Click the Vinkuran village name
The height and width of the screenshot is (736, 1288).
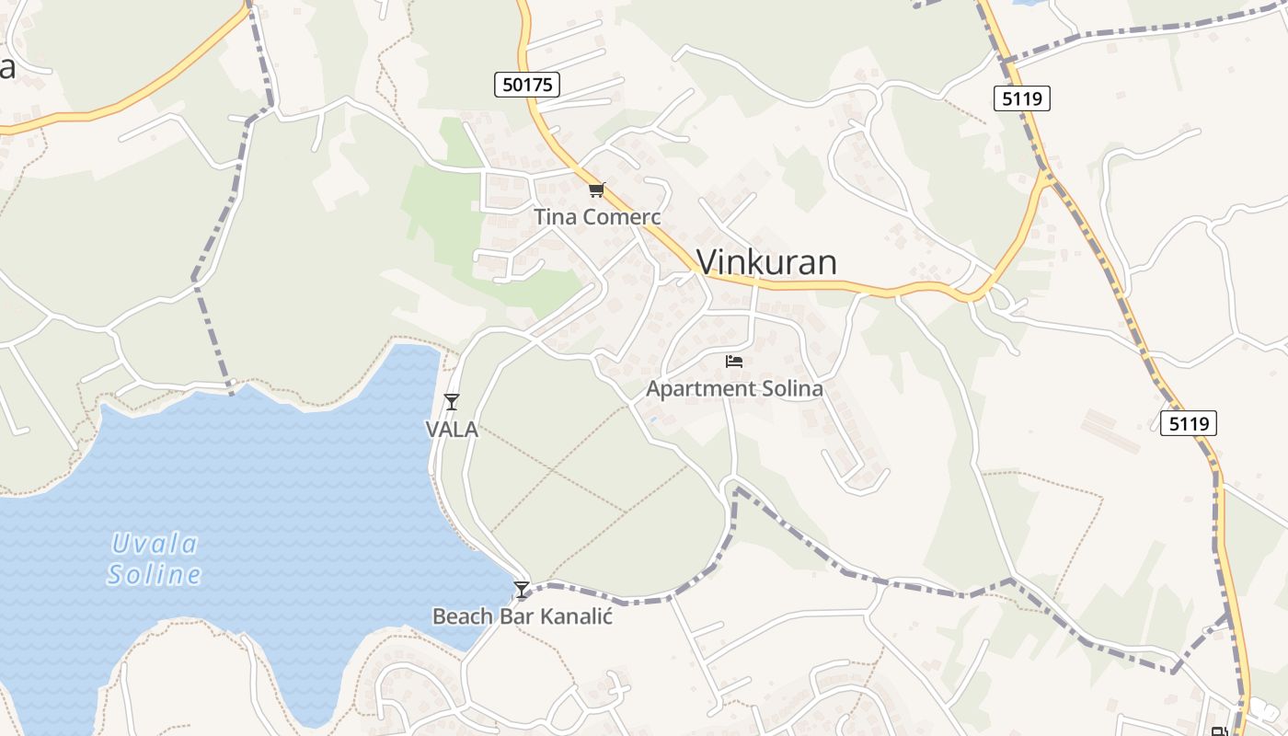[x=766, y=262]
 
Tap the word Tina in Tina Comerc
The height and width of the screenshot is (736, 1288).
[x=555, y=217]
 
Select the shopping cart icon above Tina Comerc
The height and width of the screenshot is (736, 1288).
[x=597, y=190]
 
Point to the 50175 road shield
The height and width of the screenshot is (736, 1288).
[x=527, y=86]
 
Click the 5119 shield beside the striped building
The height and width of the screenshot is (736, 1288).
[x=1188, y=423]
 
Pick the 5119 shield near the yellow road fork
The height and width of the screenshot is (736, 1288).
[x=1022, y=98]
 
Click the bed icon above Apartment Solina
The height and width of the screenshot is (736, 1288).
[x=733, y=362]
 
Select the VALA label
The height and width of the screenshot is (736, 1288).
[x=451, y=429]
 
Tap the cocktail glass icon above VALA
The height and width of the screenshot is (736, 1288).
[x=451, y=402]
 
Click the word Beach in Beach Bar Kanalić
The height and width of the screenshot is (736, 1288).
[x=463, y=615]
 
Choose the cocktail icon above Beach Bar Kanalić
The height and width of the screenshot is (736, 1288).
[x=522, y=590]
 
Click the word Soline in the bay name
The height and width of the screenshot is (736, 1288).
[x=154, y=576]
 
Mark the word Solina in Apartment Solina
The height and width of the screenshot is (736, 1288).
[x=788, y=388]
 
